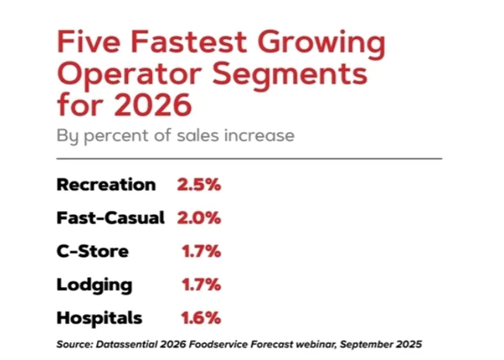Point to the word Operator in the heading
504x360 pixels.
[133, 76]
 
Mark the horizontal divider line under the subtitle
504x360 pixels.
[248, 157]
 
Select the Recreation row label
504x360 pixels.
[106, 185]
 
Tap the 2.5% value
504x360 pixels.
[199, 185]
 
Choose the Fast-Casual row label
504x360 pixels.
[111, 218]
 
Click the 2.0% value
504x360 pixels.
[199, 218]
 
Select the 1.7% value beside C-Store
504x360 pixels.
[202, 251]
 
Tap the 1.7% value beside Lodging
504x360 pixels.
[202, 285]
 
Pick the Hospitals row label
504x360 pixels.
[99, 318]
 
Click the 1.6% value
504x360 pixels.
[202, 318]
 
